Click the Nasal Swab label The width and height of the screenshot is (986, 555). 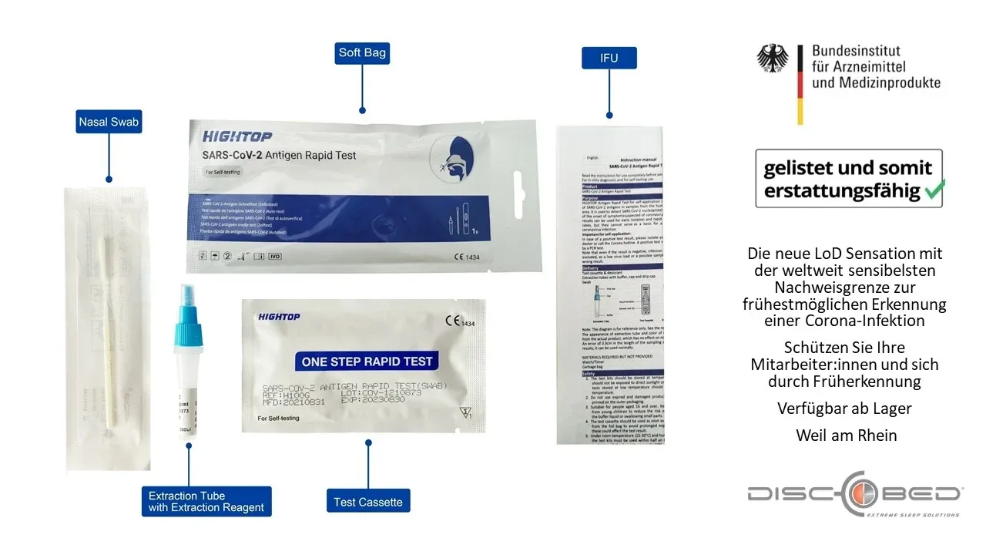pyautogui.click(x=109, y=121)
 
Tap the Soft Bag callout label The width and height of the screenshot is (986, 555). pyautogui.click(x=362, y=53)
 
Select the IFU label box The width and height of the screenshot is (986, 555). pyautogui.click(x=609, y=57)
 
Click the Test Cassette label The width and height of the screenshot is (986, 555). pyautogui.click(x=367, y=502)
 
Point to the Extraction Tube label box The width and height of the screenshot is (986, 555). pyautogui.click(x=206, y=501)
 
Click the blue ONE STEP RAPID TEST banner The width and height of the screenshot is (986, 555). pyautogui.click(x=367, y=362)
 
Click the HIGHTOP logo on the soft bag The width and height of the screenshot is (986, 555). pyautogui.click(x=237, y=137)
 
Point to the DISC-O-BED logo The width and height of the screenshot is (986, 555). pyautogui.click(x=854, y=493)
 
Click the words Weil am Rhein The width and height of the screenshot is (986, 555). pyautogui.click(x=847, y=436)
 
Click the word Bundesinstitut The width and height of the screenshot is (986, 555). pyautogui.click(x=861, y=52)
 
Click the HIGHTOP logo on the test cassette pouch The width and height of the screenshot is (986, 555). pyautogui.click(x=279, y=317)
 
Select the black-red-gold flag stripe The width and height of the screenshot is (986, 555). pyautogui.click(x=800, y=85)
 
